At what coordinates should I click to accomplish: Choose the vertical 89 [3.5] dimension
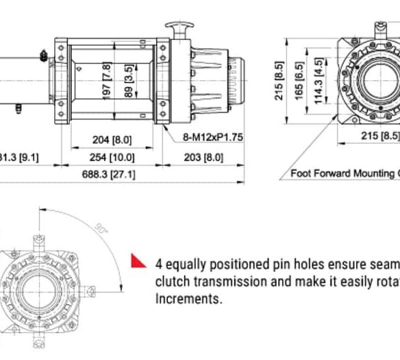click(128, 81)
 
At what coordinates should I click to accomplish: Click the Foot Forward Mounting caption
click(343, 173)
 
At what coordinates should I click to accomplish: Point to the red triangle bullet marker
click(138, 261)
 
